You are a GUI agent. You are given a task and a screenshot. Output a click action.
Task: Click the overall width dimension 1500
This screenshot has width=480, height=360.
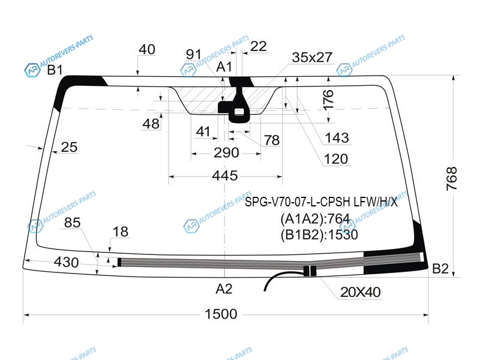[221, 314]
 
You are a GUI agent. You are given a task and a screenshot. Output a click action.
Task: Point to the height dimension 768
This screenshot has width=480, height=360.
[452, 179]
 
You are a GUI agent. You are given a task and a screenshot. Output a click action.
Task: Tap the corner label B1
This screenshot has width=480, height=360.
[55, 70]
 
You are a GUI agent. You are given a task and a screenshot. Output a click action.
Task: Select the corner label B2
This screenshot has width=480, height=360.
[440, 268]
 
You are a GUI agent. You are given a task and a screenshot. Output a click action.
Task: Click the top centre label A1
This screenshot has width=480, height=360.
[224, 67]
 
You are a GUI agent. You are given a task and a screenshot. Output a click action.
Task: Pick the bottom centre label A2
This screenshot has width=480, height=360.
[224, 289]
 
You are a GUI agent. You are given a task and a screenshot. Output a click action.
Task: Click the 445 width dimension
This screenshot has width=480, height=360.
[224, 176]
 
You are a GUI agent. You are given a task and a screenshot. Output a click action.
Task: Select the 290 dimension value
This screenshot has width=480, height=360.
[226, 152]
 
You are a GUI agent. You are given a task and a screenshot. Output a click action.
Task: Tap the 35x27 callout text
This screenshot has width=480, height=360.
[312, 57]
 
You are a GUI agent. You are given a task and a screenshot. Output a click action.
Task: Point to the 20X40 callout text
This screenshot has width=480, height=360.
[361, 292]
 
